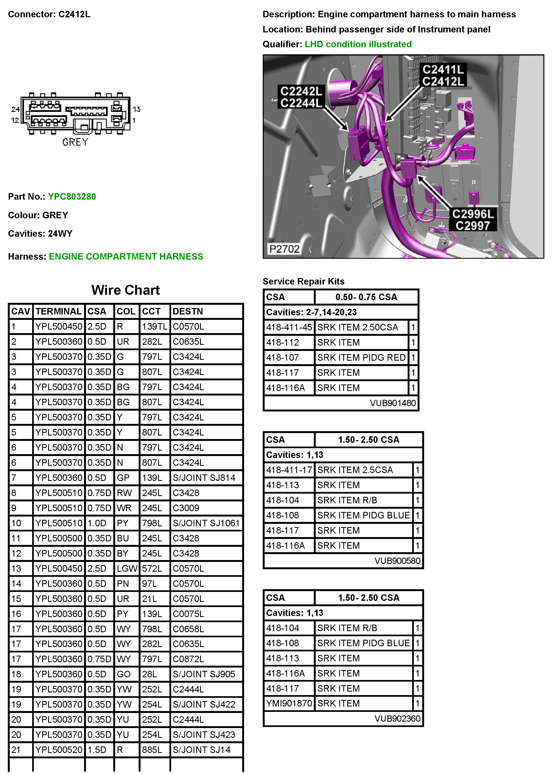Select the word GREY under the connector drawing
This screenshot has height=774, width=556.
pyautogui.click(x=75, y=142)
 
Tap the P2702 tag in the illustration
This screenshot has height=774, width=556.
pyautogui.click(x=284, y=249)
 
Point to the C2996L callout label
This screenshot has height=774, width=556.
pyautogui.click(x=473, y=214)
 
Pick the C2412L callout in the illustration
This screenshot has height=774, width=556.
pyautogui.click(x=443, y=82)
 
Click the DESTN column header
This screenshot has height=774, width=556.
pyautogui.click(x=188, y=311)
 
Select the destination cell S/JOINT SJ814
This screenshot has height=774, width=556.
pyautogui.click(x=204, y=478)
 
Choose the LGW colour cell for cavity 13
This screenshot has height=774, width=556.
pyautogui.click(x=127, y=569)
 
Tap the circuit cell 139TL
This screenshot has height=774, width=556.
pyautogui.click(x=154, y=327)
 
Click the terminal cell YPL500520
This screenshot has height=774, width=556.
pyautogui.click(x=59, y=750)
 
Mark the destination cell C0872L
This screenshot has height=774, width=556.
pyautogui.click(x=188, y=659)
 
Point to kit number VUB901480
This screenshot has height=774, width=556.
pyautogui.click(x=393, y=403)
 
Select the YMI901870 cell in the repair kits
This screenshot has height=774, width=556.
pyautogui.click(x=289, y=703)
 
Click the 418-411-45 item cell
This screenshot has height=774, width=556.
pyautogui.click(x=289, y=327)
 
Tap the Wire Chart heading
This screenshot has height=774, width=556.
pyautogui.click(x=125, y=290)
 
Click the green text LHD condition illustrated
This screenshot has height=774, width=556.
pyautogui.click(x=358, y=44)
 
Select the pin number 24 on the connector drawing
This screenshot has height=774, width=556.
pyautogui.click(x=15, y=109)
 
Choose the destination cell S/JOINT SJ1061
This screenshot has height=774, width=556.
pyautogui.click(x=206, y=523)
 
